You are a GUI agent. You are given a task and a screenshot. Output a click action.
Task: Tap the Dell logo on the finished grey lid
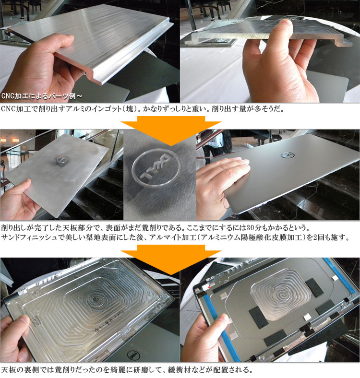pos(288,155)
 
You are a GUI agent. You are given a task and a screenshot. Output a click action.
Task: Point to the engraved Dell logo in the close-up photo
pos(156,167)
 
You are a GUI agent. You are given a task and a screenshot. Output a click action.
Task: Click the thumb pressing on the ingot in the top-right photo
pos(285,29)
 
